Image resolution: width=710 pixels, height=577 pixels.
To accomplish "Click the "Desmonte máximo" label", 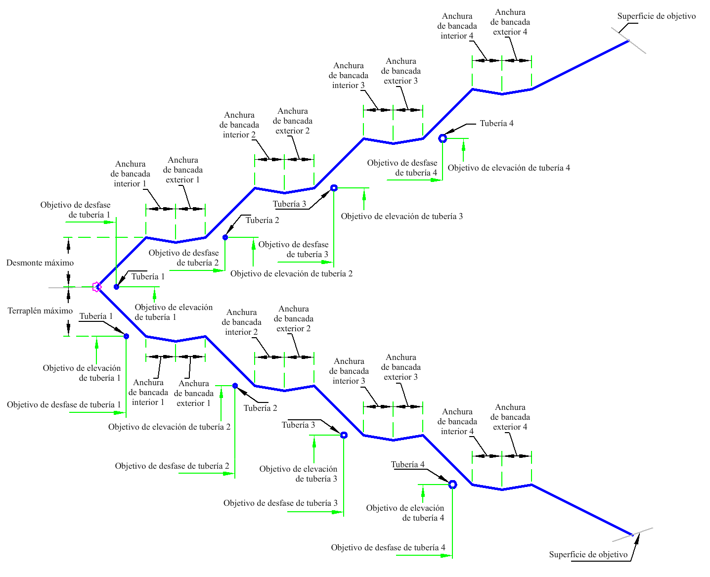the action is [x=40, y=263].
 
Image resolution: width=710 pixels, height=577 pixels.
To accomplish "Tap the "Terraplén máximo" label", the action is [x=40, y=311].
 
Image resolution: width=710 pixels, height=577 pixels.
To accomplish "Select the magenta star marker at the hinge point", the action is [x=97, y=287].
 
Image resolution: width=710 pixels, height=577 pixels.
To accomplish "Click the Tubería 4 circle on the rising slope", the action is [x=443, y=138].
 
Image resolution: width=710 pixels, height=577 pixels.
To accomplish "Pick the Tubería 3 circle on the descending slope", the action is [x=344, y=435].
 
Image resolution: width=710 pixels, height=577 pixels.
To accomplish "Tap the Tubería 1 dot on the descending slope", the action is [x=127, y=336].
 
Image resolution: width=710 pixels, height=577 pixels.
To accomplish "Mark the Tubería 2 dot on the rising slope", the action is [x=225, y=237].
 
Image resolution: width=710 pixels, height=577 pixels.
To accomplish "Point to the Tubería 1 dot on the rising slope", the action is [x=116, y=287].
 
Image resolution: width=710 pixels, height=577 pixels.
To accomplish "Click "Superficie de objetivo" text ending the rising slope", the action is [x=656, y=16].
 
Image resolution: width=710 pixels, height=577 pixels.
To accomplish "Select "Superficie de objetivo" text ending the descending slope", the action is [x=588, y=554].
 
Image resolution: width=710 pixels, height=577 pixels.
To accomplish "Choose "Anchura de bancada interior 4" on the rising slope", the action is [x=457, y=26].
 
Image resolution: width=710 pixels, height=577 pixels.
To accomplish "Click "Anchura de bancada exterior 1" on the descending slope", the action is [x=194, y=394].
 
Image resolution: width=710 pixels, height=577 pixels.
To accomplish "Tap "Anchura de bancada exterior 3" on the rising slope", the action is [x=400, y=71].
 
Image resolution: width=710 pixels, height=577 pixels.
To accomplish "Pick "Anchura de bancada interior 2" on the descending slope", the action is [x=241, y=322].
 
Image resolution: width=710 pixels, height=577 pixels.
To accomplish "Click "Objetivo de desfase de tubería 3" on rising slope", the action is [x=293, y=249].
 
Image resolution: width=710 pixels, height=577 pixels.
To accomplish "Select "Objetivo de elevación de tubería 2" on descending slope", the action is [x=169, y=427].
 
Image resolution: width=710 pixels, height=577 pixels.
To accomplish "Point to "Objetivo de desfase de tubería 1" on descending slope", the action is [x=64, y=404].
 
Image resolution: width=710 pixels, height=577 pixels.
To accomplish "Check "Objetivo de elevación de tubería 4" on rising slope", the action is [x=509, y=168].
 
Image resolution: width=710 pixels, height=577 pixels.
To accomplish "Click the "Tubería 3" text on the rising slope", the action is [x=289, y=204].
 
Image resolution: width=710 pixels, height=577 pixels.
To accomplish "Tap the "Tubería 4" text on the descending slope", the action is [x=408, y=464].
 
